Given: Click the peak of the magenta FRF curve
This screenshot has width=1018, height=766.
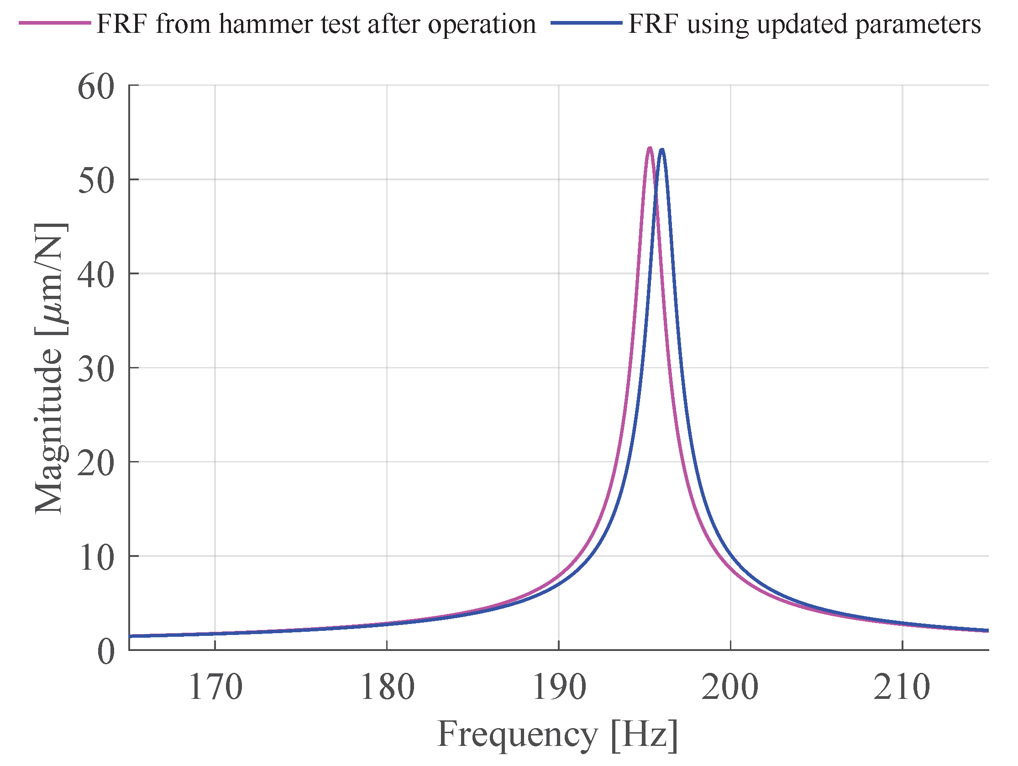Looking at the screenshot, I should [649, 148].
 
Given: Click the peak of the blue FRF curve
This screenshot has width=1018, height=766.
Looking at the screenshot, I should [662, 150].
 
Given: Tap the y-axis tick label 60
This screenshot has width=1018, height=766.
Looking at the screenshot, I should [96, 87].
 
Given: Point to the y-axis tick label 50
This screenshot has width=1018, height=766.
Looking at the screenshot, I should [96, 180].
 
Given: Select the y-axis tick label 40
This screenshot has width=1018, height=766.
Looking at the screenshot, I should [96, 275].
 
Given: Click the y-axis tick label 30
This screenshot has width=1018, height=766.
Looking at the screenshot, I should [96, 369].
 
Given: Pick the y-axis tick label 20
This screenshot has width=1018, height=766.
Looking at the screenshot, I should [96, 462].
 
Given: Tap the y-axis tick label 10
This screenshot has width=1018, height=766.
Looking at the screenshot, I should [96, 557].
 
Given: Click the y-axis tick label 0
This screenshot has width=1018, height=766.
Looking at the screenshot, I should [106, 651].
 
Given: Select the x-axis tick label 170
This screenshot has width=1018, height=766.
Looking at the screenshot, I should [215, 688].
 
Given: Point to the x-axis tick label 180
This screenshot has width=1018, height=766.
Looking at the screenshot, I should [387, 688].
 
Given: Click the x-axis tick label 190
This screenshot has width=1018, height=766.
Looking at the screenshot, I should [559, 688].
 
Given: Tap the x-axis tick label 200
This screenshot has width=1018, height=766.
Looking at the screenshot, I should [730, 688].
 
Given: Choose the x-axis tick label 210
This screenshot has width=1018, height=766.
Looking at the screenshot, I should [902, 688].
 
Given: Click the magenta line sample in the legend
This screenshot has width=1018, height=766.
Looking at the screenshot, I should [55, 23].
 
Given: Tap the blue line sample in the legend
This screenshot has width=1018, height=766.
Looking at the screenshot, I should [586, 23].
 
